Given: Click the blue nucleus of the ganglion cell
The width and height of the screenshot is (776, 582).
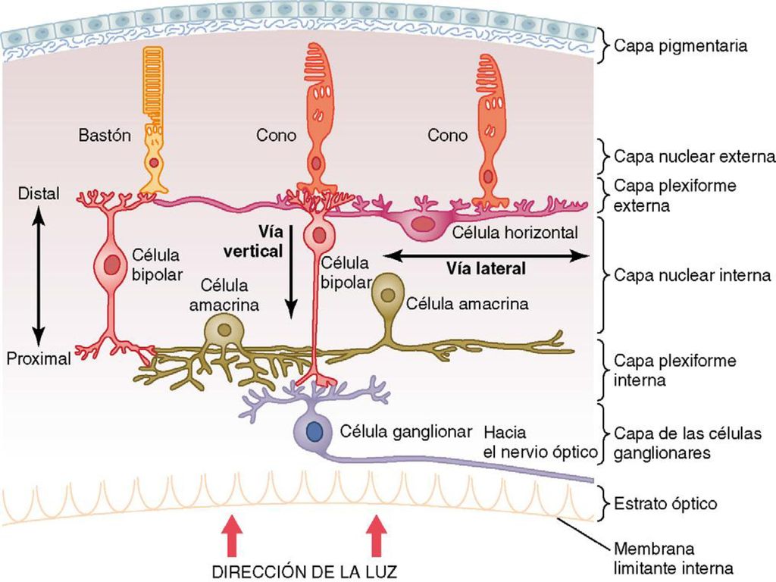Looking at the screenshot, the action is pos(314,431).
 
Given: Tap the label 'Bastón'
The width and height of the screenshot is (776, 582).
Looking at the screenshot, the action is pos(105,135).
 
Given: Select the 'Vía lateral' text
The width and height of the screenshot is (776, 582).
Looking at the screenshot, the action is pos(486,268).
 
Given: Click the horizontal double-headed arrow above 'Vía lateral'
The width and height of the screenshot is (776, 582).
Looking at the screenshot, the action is pos(486,255).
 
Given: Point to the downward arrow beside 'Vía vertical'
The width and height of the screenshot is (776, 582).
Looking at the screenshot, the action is pos(291,271).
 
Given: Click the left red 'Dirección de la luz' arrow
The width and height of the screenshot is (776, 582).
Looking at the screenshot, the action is pos(231,536).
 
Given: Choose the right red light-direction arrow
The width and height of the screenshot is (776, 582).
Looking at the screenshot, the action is pos(376,536).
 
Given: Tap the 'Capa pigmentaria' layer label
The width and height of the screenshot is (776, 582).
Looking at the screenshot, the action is pos(681,46).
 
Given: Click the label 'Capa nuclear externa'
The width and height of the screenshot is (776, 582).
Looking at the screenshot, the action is pos(694,156).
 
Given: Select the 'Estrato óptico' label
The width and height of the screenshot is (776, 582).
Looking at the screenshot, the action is pos(665,504).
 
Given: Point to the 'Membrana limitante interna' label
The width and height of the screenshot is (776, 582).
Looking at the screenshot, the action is pos(673,559).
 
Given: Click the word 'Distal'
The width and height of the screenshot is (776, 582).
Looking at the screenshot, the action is pos(39,193).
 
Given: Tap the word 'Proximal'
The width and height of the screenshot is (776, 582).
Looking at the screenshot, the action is pos(39,358).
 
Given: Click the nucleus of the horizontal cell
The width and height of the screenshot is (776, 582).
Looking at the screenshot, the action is pos(422,224).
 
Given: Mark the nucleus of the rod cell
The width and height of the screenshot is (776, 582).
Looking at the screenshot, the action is pos(154,162).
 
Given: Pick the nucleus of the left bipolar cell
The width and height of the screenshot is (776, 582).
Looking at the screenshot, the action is pos(112,264).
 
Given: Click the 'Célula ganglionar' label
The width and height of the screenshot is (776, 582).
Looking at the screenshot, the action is pos(406,431).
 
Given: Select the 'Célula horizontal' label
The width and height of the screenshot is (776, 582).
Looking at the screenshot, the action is pos(515,232).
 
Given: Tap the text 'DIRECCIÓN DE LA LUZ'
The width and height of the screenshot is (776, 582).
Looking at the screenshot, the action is pos(305,571).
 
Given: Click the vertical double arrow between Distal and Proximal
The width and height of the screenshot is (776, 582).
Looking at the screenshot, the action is pos(39,276).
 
